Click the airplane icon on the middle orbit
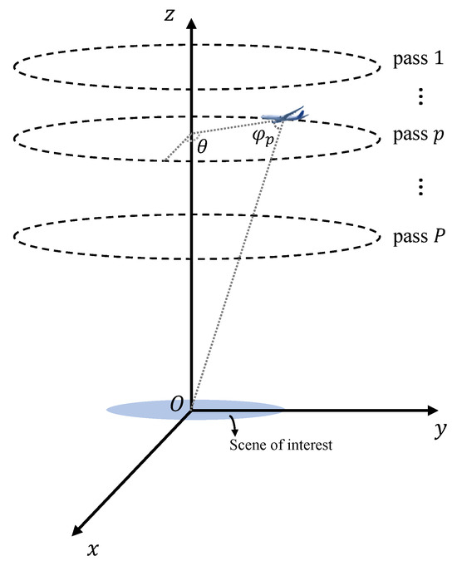[283, 116]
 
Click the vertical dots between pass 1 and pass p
[420, 98]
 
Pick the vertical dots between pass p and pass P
[420, 187]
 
